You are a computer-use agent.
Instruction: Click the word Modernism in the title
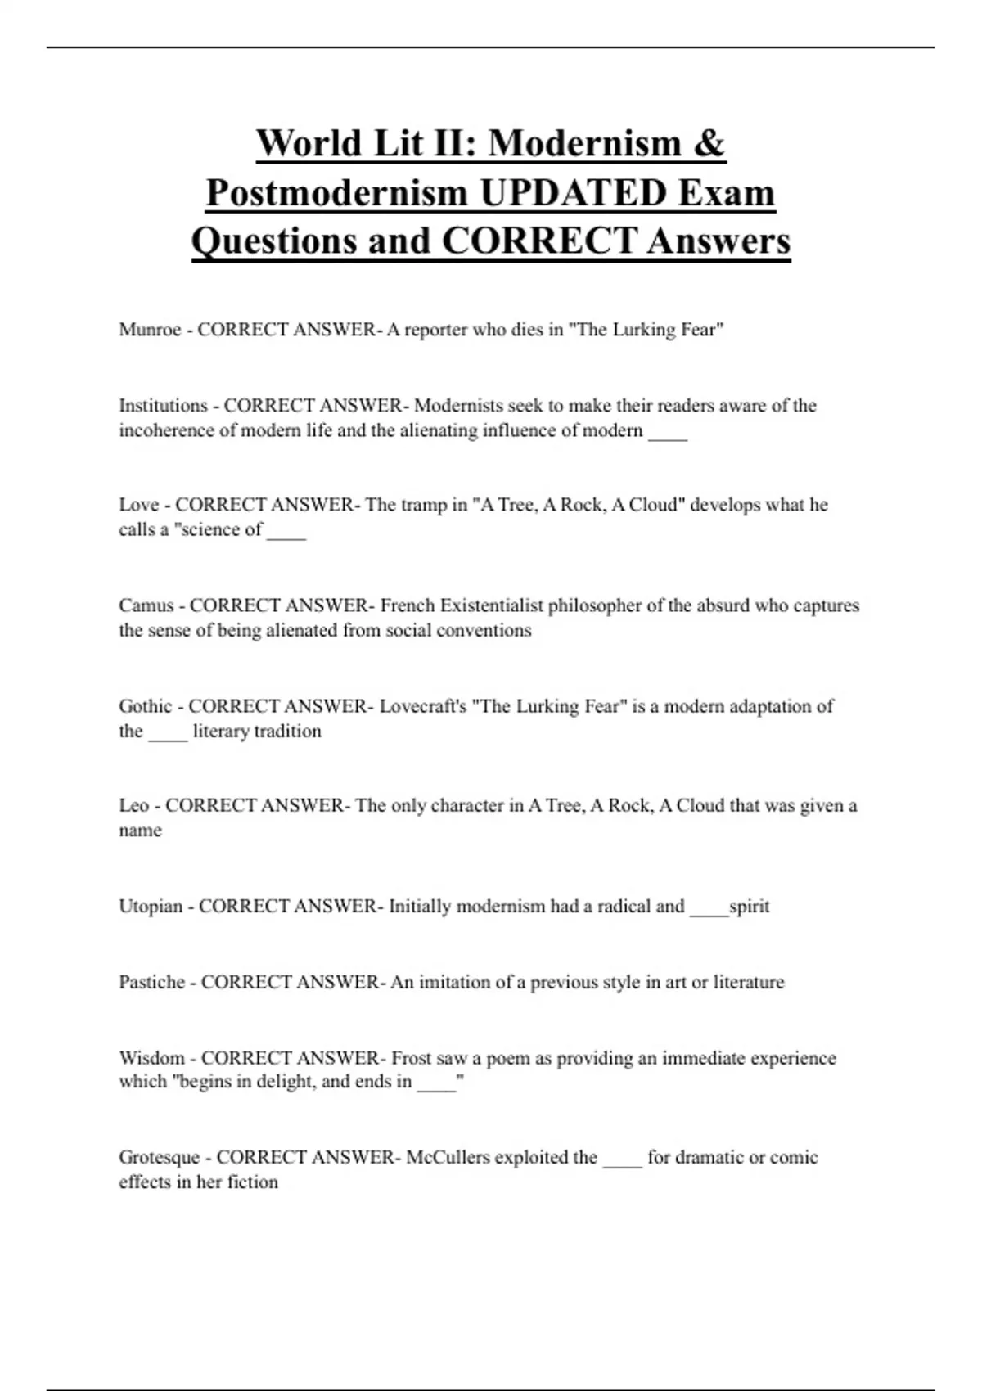click(x=584, y=143)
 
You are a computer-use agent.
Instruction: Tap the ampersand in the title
click(x=709, y=143)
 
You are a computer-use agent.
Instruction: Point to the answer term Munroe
click(x=150, y=330)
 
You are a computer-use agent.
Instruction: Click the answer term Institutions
click(x=163, y=406)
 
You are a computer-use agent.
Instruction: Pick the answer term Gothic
click(x=146, y=706)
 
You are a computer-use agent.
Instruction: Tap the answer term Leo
click(x=133, y=806)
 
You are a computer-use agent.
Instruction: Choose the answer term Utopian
click(x=151, y=907)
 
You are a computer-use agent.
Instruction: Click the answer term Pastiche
click(x=151, y=982)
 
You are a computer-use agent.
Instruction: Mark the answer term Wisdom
click(x=151, y=1058)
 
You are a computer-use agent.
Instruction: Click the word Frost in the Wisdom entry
click(x=411, y=1058)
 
